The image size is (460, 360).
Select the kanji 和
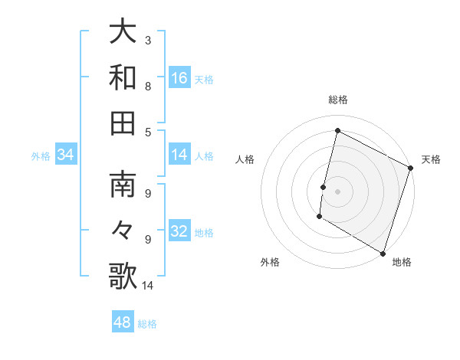point(123,78)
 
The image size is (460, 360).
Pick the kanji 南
point(123,185)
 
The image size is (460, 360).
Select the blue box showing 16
point(179,78)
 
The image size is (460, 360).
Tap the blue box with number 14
point(179,155)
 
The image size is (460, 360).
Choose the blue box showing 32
point(179,232)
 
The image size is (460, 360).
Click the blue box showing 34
point(66,155)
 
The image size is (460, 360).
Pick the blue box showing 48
point(123,322)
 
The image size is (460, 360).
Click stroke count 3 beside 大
point(147,40)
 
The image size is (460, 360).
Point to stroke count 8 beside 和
point(147,86)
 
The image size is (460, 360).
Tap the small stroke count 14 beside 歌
point(148,286)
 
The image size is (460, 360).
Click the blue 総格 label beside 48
point(147,324)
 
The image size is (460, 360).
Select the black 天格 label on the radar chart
point(431,159)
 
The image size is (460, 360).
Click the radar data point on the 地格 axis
point(383,253)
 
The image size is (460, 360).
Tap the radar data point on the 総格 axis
point(337,131)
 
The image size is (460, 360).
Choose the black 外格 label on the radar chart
point(270,262)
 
